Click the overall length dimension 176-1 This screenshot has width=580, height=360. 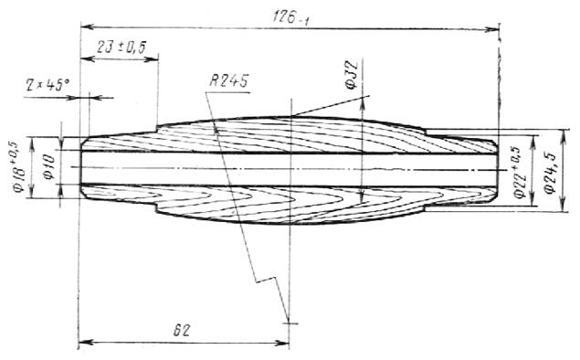pyautogui.click(x=290, y=17)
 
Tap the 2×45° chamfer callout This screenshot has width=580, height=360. pyautogui.click(x=47, y=86)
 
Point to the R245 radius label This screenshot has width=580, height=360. pyautogui.click(x=228, y=80)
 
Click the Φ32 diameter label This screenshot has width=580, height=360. pyautogui.click(x=352, y=75)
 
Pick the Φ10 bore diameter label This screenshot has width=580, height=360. pyautogui.click(x=49, y=167)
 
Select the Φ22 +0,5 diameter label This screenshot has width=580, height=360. pyautogui.click(x=519, y=173)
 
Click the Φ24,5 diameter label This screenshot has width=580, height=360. pyautogui.click(x=551, y=174)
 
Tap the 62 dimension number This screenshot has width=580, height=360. pyautogui.click(x=182, y=330)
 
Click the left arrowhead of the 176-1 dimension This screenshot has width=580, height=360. pyautogui.click(x=88, y=26)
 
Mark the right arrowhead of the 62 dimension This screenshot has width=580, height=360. pyautogui.click(x=282, y=343)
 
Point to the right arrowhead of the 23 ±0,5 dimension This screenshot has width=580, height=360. pyautogui.click(x=152, y=58)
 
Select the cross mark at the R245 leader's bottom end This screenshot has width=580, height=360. pyautogui.click(x=290, y=323)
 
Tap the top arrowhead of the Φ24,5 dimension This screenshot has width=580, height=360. pyautogui.click(x=564, y=136)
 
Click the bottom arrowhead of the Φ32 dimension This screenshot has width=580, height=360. pyautogui.click(x=362, y=196)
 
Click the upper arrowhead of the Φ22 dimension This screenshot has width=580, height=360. pyautogui.click(x=533, y=142)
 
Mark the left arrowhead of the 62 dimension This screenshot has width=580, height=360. pyautogui.click(x=86, y=342)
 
